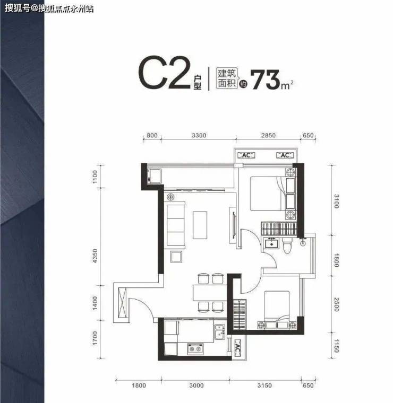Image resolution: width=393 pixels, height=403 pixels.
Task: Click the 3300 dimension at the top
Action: (199, 135)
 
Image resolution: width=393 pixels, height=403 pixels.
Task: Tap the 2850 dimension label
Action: (268, 135)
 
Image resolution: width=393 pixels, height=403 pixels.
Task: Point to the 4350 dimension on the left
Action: (95, 256)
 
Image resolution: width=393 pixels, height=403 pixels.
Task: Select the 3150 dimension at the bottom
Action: (264, 386)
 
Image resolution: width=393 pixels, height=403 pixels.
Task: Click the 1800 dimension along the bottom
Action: (139, 386)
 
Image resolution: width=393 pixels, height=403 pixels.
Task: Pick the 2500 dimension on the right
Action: (336, 304)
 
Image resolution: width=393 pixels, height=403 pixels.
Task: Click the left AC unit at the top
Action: (246, 155)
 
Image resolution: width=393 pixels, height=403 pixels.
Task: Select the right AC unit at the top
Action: (285, 155)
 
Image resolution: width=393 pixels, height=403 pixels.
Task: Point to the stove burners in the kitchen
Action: (195, 349)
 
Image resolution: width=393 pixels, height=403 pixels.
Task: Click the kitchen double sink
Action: (219, 331)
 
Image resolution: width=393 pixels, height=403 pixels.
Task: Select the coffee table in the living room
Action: (200, 225)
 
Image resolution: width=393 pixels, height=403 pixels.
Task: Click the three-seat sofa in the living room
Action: (176, 225)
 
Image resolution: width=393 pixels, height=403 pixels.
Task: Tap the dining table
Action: (210, 293)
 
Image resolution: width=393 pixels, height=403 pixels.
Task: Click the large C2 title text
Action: (165, 73)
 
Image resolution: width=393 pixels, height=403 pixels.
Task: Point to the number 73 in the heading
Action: (265, 80)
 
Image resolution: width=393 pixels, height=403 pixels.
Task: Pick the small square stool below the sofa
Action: (176, 257)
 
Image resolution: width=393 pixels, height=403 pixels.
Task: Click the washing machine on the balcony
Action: (154, 176)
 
